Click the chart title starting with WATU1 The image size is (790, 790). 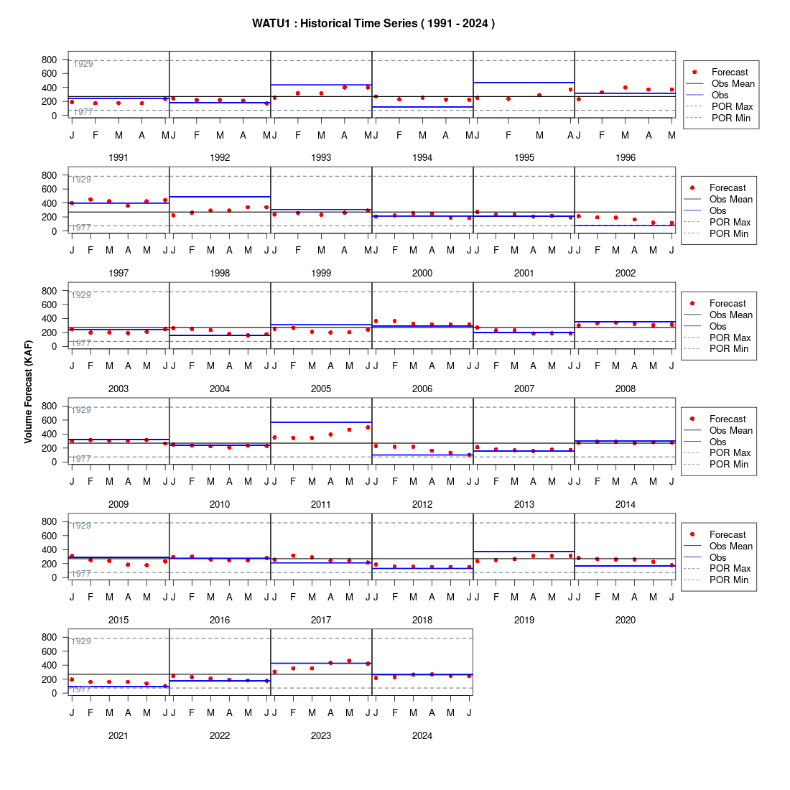pos(373,24)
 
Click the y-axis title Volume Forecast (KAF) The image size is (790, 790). pos(28,392)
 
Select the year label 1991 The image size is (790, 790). pos(118,158)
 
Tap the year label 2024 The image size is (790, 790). pos(422,735)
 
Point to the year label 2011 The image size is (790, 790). pos(321,504)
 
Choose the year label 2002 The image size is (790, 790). pos(626,273)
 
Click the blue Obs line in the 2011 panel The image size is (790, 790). pos(322,422)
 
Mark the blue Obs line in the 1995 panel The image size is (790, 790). pos(524,83)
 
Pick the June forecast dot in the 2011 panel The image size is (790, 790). pos(368,427)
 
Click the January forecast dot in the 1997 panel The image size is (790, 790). pos(72,203)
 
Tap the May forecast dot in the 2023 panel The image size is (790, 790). pos(349,661)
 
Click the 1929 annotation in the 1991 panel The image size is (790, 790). pos(83,64)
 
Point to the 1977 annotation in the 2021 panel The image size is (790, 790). pos(81,689)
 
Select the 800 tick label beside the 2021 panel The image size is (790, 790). pos(50,637)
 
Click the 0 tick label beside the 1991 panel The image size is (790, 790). pos(55,116)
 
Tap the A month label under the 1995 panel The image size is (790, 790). pos(570,135)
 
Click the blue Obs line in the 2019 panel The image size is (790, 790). pos(524,552)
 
